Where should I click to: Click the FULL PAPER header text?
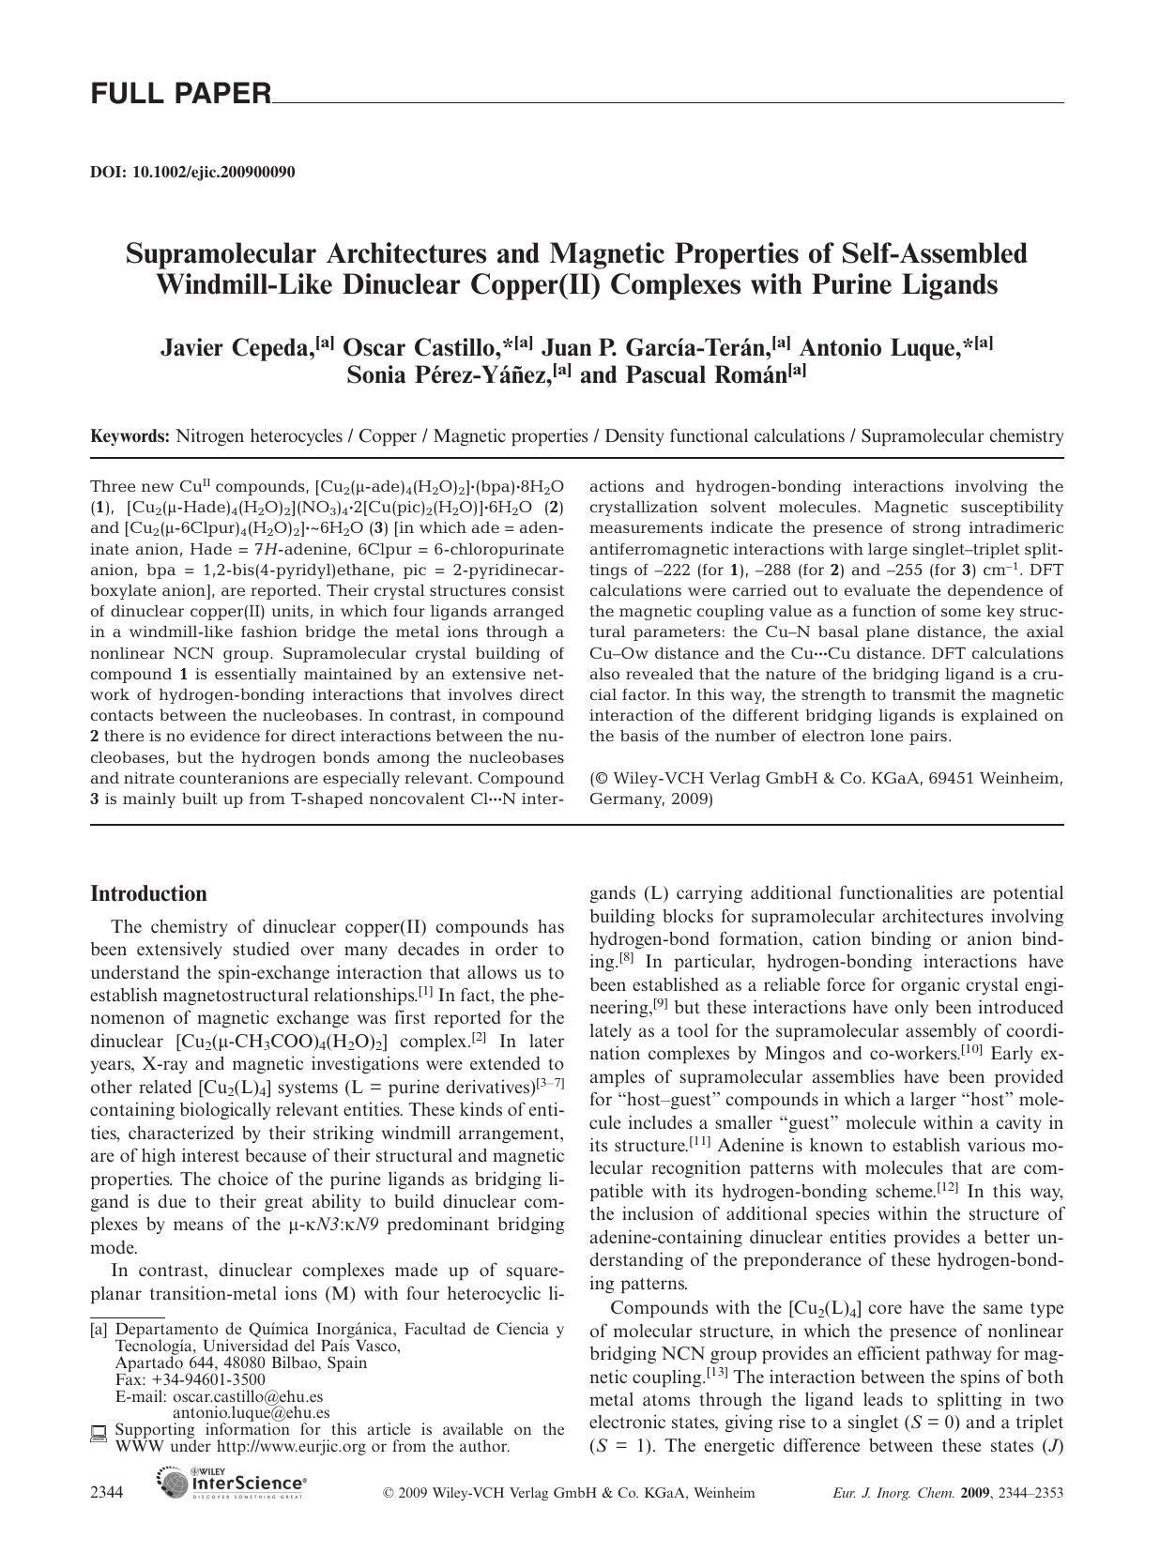tap(180, 94)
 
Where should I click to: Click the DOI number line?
tap(192, 172)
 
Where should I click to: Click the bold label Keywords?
tap(130, 436)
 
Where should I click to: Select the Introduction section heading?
tap(148, 893)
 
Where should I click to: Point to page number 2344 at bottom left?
tap(107, 1493)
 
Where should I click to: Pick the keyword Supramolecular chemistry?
tap(962, 436)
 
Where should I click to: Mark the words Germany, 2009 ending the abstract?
tap(650, 799)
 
